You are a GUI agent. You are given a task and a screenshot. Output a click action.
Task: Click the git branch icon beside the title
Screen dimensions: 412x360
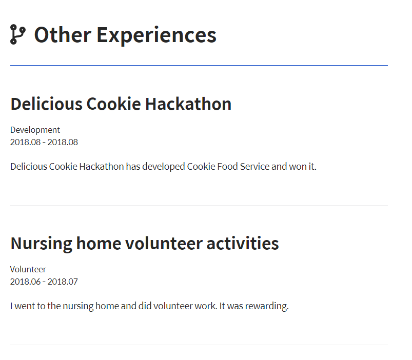tap(18, 34)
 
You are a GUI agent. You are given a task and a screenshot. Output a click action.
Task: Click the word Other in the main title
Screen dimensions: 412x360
tap(63, 35)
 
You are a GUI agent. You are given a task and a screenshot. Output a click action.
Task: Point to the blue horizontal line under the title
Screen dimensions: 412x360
tap(199, 66)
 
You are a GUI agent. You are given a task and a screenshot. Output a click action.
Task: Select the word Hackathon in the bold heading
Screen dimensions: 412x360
tap(188, 104)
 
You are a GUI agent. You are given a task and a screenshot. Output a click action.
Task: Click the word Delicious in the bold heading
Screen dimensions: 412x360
tap(47, 104)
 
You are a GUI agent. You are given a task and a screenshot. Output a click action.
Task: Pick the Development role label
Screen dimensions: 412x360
tap(35, 130)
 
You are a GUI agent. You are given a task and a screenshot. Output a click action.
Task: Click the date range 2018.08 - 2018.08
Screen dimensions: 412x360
tap(44, 142)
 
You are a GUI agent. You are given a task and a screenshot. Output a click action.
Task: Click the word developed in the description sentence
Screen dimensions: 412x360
tap(164, 167)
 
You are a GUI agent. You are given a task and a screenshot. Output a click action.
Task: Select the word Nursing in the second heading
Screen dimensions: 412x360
tap(41, 244)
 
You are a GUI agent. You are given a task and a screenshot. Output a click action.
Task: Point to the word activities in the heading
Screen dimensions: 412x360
tap(243, 243)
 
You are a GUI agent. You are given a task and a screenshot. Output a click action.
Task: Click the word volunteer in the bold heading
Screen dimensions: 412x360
tap(164, 243)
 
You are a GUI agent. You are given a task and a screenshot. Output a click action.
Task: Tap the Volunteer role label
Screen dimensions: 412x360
tap(28, 269)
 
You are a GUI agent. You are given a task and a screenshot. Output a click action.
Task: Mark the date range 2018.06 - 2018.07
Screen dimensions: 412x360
tap(44, 282)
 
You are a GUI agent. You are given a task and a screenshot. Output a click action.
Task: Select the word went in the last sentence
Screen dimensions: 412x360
tap(25, 306)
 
